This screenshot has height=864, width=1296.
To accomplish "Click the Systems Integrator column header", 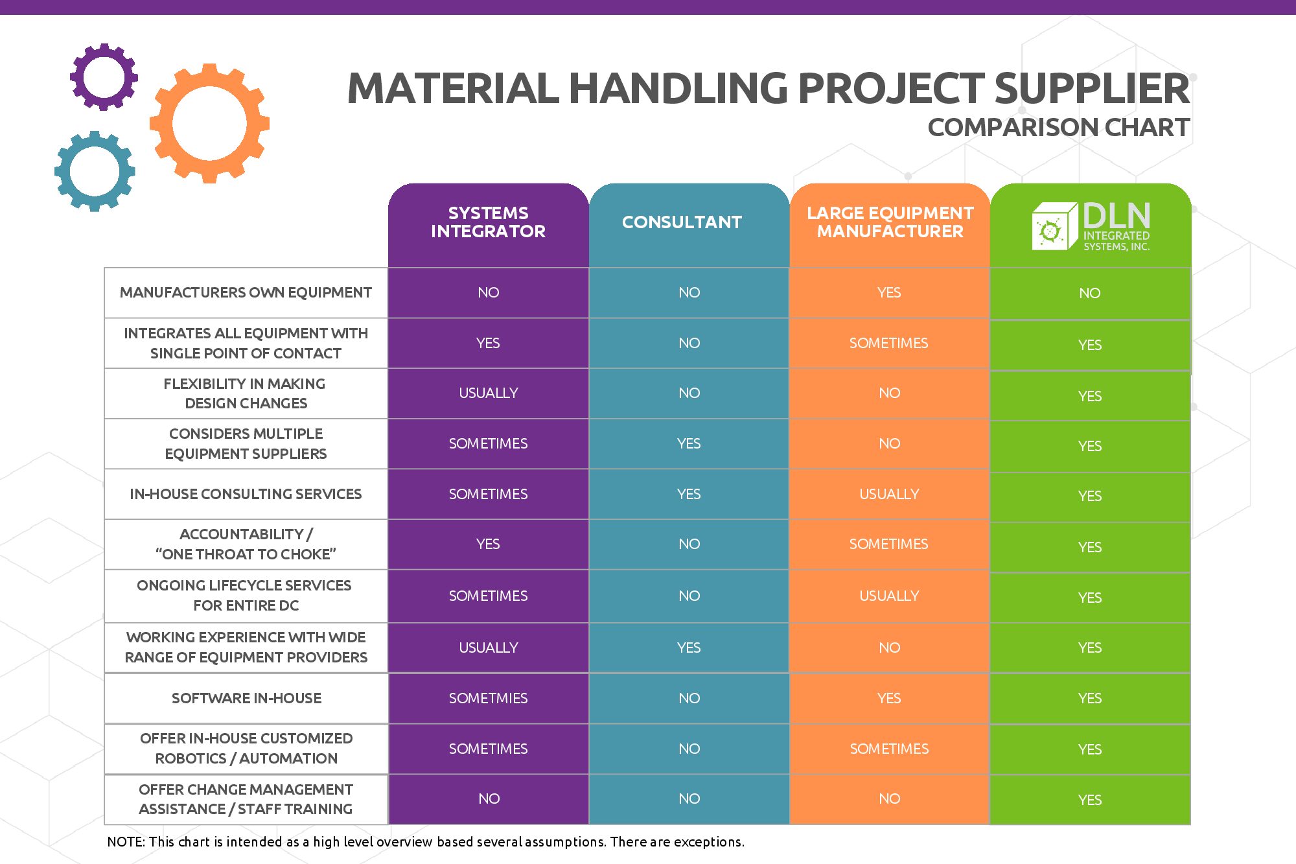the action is click(488, 222).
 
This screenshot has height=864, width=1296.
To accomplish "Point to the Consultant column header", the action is click(682, 222).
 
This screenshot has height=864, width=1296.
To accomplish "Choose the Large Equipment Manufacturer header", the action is click(890, 222).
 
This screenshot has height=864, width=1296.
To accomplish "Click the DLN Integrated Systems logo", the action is click(1091, 226).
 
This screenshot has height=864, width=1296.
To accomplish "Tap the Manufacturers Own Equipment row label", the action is click(246, 292).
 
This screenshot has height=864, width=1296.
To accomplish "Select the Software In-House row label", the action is click(246, 698).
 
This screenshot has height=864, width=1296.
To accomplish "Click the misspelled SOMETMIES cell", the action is click(488, 698).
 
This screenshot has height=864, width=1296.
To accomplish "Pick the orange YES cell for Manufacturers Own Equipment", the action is click(889, 292).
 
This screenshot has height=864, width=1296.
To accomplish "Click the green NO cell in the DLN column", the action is click(1090, 293).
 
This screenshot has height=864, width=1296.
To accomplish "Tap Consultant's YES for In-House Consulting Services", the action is click(689, 494).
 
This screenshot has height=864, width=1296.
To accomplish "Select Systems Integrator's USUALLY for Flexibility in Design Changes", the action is click(488, 393).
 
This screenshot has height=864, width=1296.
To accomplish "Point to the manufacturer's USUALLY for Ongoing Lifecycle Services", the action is click(889, 596).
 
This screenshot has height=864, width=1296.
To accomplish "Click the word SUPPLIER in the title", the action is click(1092, 88).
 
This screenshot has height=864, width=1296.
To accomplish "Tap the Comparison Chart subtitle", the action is click(1059, 127).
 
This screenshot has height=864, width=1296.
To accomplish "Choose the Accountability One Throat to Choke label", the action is click(246, 544).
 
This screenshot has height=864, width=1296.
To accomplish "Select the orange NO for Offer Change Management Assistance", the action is click(889, 799).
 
